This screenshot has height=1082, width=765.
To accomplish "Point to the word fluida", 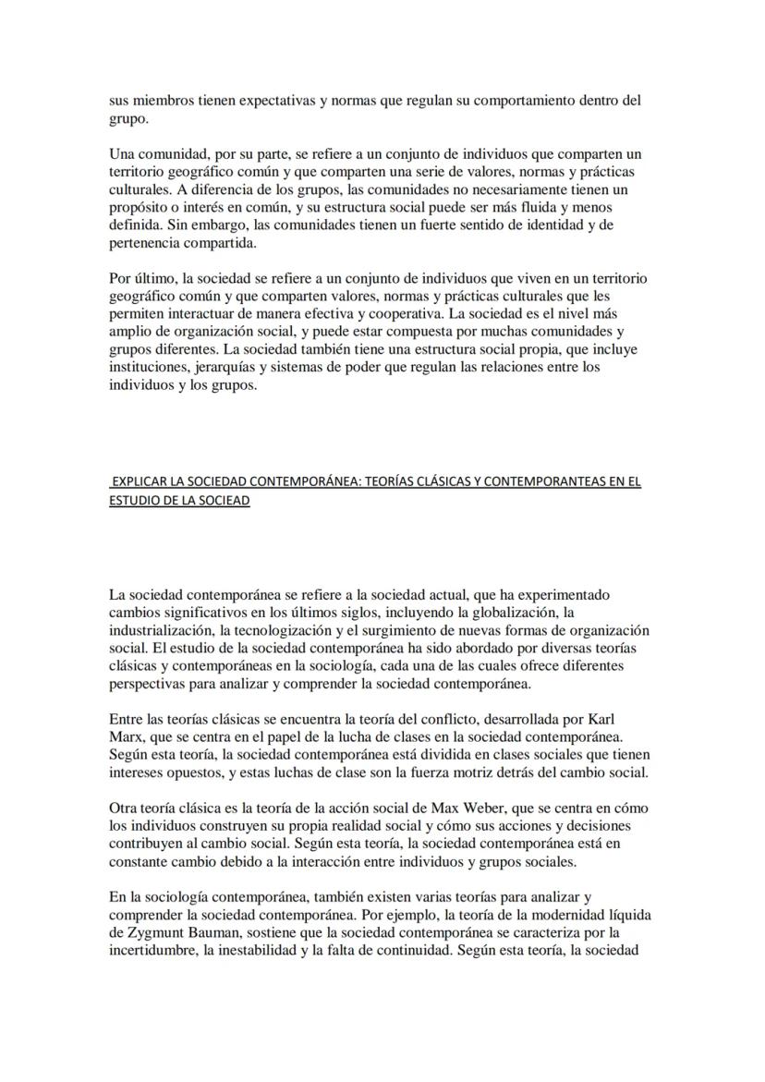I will (534, 207).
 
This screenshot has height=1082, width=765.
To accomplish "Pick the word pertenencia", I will (148, 242).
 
